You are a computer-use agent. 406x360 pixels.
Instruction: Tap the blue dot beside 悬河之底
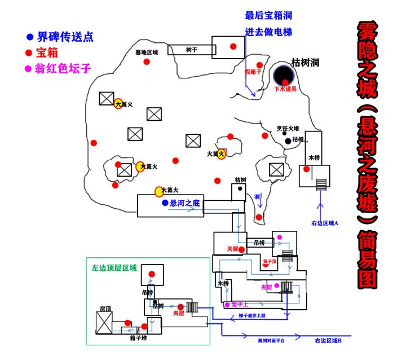[165, 203]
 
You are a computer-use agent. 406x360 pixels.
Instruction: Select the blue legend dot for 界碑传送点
[29, 37]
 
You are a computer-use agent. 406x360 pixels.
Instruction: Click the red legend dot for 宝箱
[29, 53]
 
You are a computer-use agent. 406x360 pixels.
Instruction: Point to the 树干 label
[192, 50]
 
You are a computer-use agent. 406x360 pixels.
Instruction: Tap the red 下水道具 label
[285, 89]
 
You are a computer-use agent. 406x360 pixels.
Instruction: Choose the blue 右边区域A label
[324, 223]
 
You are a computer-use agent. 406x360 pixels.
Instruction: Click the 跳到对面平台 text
[264, 341]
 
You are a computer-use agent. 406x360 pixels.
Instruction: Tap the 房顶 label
[106, 309]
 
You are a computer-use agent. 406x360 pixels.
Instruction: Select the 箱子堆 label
[138, 338]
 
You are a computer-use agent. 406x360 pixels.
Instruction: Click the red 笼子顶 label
[270, 262]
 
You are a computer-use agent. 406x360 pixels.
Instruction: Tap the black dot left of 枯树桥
[288, 140]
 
